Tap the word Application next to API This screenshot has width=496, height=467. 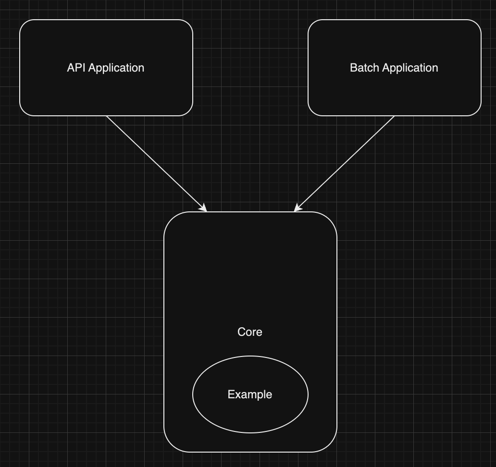point(116,68)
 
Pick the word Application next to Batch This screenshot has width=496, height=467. point(410,68)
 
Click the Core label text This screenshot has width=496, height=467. point(250,332)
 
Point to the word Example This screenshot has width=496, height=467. point(250,394)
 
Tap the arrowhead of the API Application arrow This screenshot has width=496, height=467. point(204,209)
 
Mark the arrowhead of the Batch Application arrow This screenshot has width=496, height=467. point(297,209)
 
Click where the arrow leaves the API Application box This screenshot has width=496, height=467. point(107,116)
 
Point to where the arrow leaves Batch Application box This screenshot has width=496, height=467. point(394,116)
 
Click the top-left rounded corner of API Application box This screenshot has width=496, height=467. point(24,25)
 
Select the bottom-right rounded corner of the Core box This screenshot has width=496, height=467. point(332,446)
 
